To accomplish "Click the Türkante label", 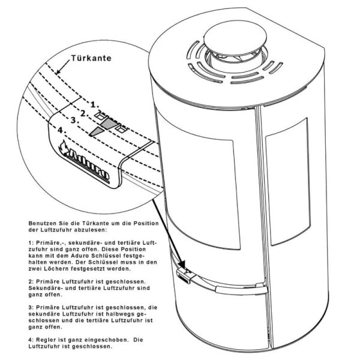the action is point(91,58).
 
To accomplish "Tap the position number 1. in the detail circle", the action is point(94,105).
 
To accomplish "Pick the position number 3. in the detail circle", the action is point(74,120).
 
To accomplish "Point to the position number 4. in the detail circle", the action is point(62,130).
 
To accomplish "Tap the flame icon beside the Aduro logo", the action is point(64,148).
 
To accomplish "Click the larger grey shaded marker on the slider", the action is point(110,123).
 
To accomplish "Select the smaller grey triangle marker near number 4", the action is point(97,131).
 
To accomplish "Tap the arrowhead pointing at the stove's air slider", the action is point(182,264).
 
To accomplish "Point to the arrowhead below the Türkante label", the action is point(58,71).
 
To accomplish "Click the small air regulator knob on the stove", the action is point(184,275).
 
